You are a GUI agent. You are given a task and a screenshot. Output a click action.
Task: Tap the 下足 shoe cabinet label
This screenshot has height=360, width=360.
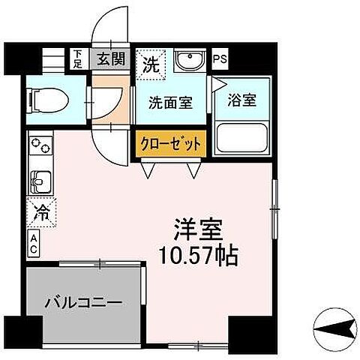tap(79, 58)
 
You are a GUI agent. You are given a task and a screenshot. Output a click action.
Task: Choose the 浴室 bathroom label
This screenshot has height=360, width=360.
tap(241, 100)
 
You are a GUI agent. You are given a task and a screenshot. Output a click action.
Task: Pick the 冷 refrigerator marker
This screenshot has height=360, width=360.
tap(42, 211)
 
